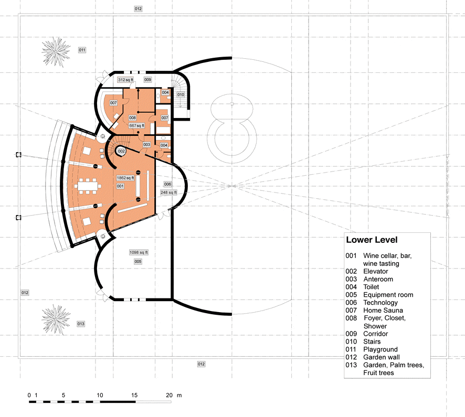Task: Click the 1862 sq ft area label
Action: coord(125,178)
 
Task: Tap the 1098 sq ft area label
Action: coord(139,252)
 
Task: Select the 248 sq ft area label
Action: coord(169,193)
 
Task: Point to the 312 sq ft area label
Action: coord(125,80)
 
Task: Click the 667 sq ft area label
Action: coord(136,126)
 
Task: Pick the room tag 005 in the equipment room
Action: coord(138,262)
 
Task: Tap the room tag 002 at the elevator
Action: coord(121,151)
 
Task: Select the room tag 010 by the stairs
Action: coord(181,94)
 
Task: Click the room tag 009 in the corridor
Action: coord(147,80)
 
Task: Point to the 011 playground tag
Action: coord(82,50)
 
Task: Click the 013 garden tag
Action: coord(81,324)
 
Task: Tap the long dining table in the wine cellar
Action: coord(88,186)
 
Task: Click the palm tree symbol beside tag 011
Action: coord(56,52)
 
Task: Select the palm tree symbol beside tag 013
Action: coord(56,319)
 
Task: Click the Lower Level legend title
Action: coord(372,240)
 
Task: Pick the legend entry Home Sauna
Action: coord(383,311)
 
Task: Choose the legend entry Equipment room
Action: coord(388,295)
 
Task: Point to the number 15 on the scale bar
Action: coord(134,395)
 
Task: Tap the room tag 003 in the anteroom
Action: coord(147,145)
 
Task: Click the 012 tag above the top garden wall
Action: coord(138,9)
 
